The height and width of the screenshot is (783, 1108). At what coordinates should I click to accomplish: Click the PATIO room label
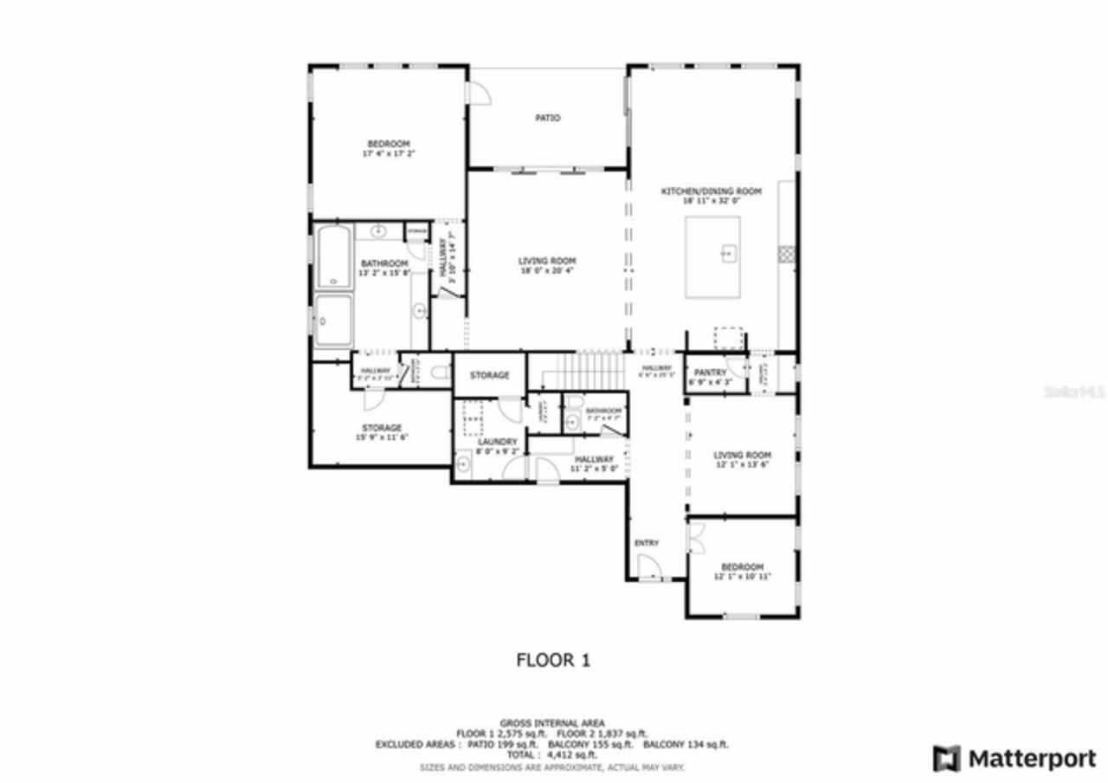click(x=547, y=118)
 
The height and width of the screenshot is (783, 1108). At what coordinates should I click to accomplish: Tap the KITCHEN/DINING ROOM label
click(x=711, y=191)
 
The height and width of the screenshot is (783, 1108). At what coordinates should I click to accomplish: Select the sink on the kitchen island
click(x=728, y=254)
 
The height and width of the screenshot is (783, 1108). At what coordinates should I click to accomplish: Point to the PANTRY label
click(x=711, y=372)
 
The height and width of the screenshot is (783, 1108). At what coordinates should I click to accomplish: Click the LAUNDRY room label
click(x=497, y=442)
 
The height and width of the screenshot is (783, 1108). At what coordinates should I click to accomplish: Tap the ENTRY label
click(x=647, y=543)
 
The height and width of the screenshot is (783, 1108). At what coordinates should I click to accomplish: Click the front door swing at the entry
click(x=648, y=568)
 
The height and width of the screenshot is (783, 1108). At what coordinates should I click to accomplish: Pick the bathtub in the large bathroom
click(x=332, y=257)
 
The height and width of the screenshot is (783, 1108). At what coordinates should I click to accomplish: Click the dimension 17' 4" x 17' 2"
click(x=389, y=154)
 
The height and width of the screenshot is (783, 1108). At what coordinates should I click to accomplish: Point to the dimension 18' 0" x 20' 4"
click(x=547, y=270)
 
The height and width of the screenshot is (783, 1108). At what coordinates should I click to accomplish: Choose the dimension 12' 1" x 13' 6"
click(x=742, y=464)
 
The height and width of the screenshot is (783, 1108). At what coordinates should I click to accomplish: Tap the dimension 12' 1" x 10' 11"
click(x=742, y=577)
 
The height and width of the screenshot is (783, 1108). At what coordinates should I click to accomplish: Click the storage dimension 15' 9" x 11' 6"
click(x=382, y=437)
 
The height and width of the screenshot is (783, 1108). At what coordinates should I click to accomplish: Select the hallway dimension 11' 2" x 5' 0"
click(x=594, y=469)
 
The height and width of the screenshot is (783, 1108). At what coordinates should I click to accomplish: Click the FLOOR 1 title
click(x=553, y=661)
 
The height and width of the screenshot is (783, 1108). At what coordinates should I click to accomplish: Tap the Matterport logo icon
click(x=946, y=759)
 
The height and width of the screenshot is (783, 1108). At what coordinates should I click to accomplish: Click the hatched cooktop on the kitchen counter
click(x=786, y=253)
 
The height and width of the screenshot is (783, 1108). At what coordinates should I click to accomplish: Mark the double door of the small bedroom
click(x=696, y=539)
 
